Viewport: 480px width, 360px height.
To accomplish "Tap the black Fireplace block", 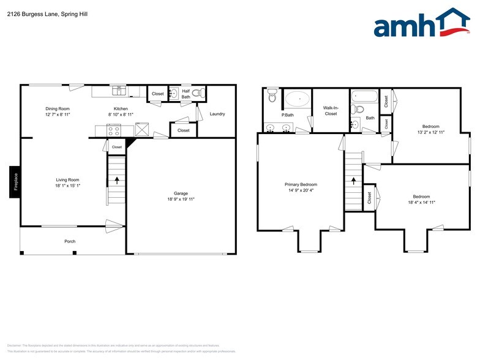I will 15,182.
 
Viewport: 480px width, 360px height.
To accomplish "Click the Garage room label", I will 181,193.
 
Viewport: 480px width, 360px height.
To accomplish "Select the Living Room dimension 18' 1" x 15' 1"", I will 68,186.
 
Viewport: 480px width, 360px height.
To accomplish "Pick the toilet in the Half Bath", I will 197,94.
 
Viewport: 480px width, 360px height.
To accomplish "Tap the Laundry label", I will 217,114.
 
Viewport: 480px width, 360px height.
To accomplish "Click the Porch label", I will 70,241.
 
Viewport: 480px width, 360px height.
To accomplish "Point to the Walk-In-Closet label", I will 331,111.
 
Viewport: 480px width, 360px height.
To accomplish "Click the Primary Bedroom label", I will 301,184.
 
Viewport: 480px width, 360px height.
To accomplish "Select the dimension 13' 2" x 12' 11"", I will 430,132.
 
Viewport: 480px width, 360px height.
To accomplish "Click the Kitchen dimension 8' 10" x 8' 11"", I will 120,114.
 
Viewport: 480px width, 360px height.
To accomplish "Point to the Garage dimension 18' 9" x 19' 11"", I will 181,200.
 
